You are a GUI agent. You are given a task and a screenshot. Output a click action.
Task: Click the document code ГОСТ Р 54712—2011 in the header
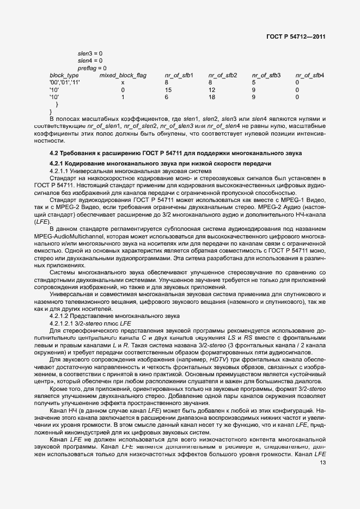click(x=296, y=36)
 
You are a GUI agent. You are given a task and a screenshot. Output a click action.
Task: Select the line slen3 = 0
click(x=90, y=53)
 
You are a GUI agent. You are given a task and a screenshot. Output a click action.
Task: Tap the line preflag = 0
click(x=91, y=68)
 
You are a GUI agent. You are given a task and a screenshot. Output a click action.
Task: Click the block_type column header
click(x=64, y=75)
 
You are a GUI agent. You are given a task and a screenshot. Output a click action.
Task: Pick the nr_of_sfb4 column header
click(x=310, y=75)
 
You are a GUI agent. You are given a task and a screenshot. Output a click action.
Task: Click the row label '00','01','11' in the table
click(x=64, y=82)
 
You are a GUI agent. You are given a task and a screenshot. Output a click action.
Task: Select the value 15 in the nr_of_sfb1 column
click(x=168, y=89)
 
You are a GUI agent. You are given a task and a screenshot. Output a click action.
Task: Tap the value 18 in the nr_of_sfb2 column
click(x=212, y=97)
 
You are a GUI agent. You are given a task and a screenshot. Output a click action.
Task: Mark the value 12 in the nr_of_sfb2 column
click(x=212, y=89)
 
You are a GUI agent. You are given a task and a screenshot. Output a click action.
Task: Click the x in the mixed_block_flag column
click(x=123, y=82)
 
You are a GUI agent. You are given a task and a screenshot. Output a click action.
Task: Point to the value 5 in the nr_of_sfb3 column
click(x=253, y=82)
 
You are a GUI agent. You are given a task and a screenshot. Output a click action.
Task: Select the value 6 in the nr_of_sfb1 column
click(x=166, y=97)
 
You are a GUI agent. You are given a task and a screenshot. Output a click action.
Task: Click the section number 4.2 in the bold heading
click(x=54, y=154)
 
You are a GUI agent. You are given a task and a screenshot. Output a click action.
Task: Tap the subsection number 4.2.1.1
click(x=59, y=171)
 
